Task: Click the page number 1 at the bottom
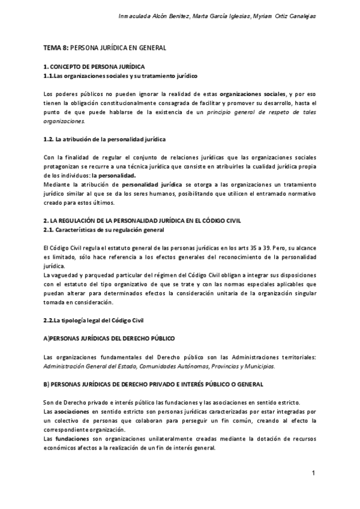[x=314, y=474]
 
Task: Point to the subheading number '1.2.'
[x=49, y=139]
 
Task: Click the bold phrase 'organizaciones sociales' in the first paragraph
[x=253, y=94]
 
